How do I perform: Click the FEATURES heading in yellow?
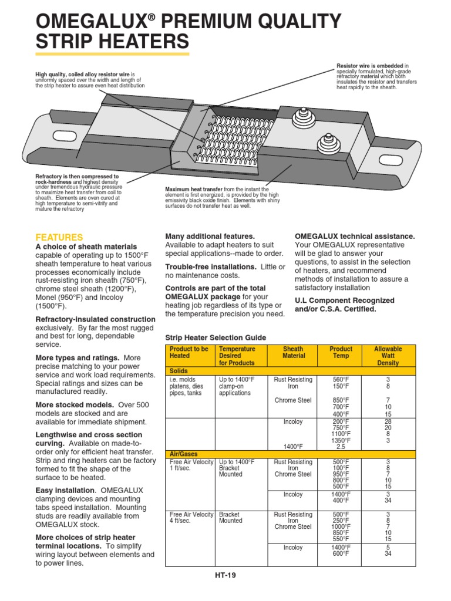(59, 237)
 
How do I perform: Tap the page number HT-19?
(225, 575)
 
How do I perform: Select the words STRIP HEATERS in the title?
(113, 42)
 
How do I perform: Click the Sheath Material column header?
(294, 352)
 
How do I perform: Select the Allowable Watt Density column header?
(388, 356)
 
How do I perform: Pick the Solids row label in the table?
(179, 372)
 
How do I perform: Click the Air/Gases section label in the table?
(182, 454)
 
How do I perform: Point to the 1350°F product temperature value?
(341, 440)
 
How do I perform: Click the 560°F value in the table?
(341, 380)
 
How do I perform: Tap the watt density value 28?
(388, 422)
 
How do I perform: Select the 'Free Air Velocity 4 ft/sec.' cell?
(191, 518)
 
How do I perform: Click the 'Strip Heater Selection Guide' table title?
(216, 338)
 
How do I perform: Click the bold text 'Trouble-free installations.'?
(210, 266)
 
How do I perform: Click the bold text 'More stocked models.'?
(75, 405)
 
